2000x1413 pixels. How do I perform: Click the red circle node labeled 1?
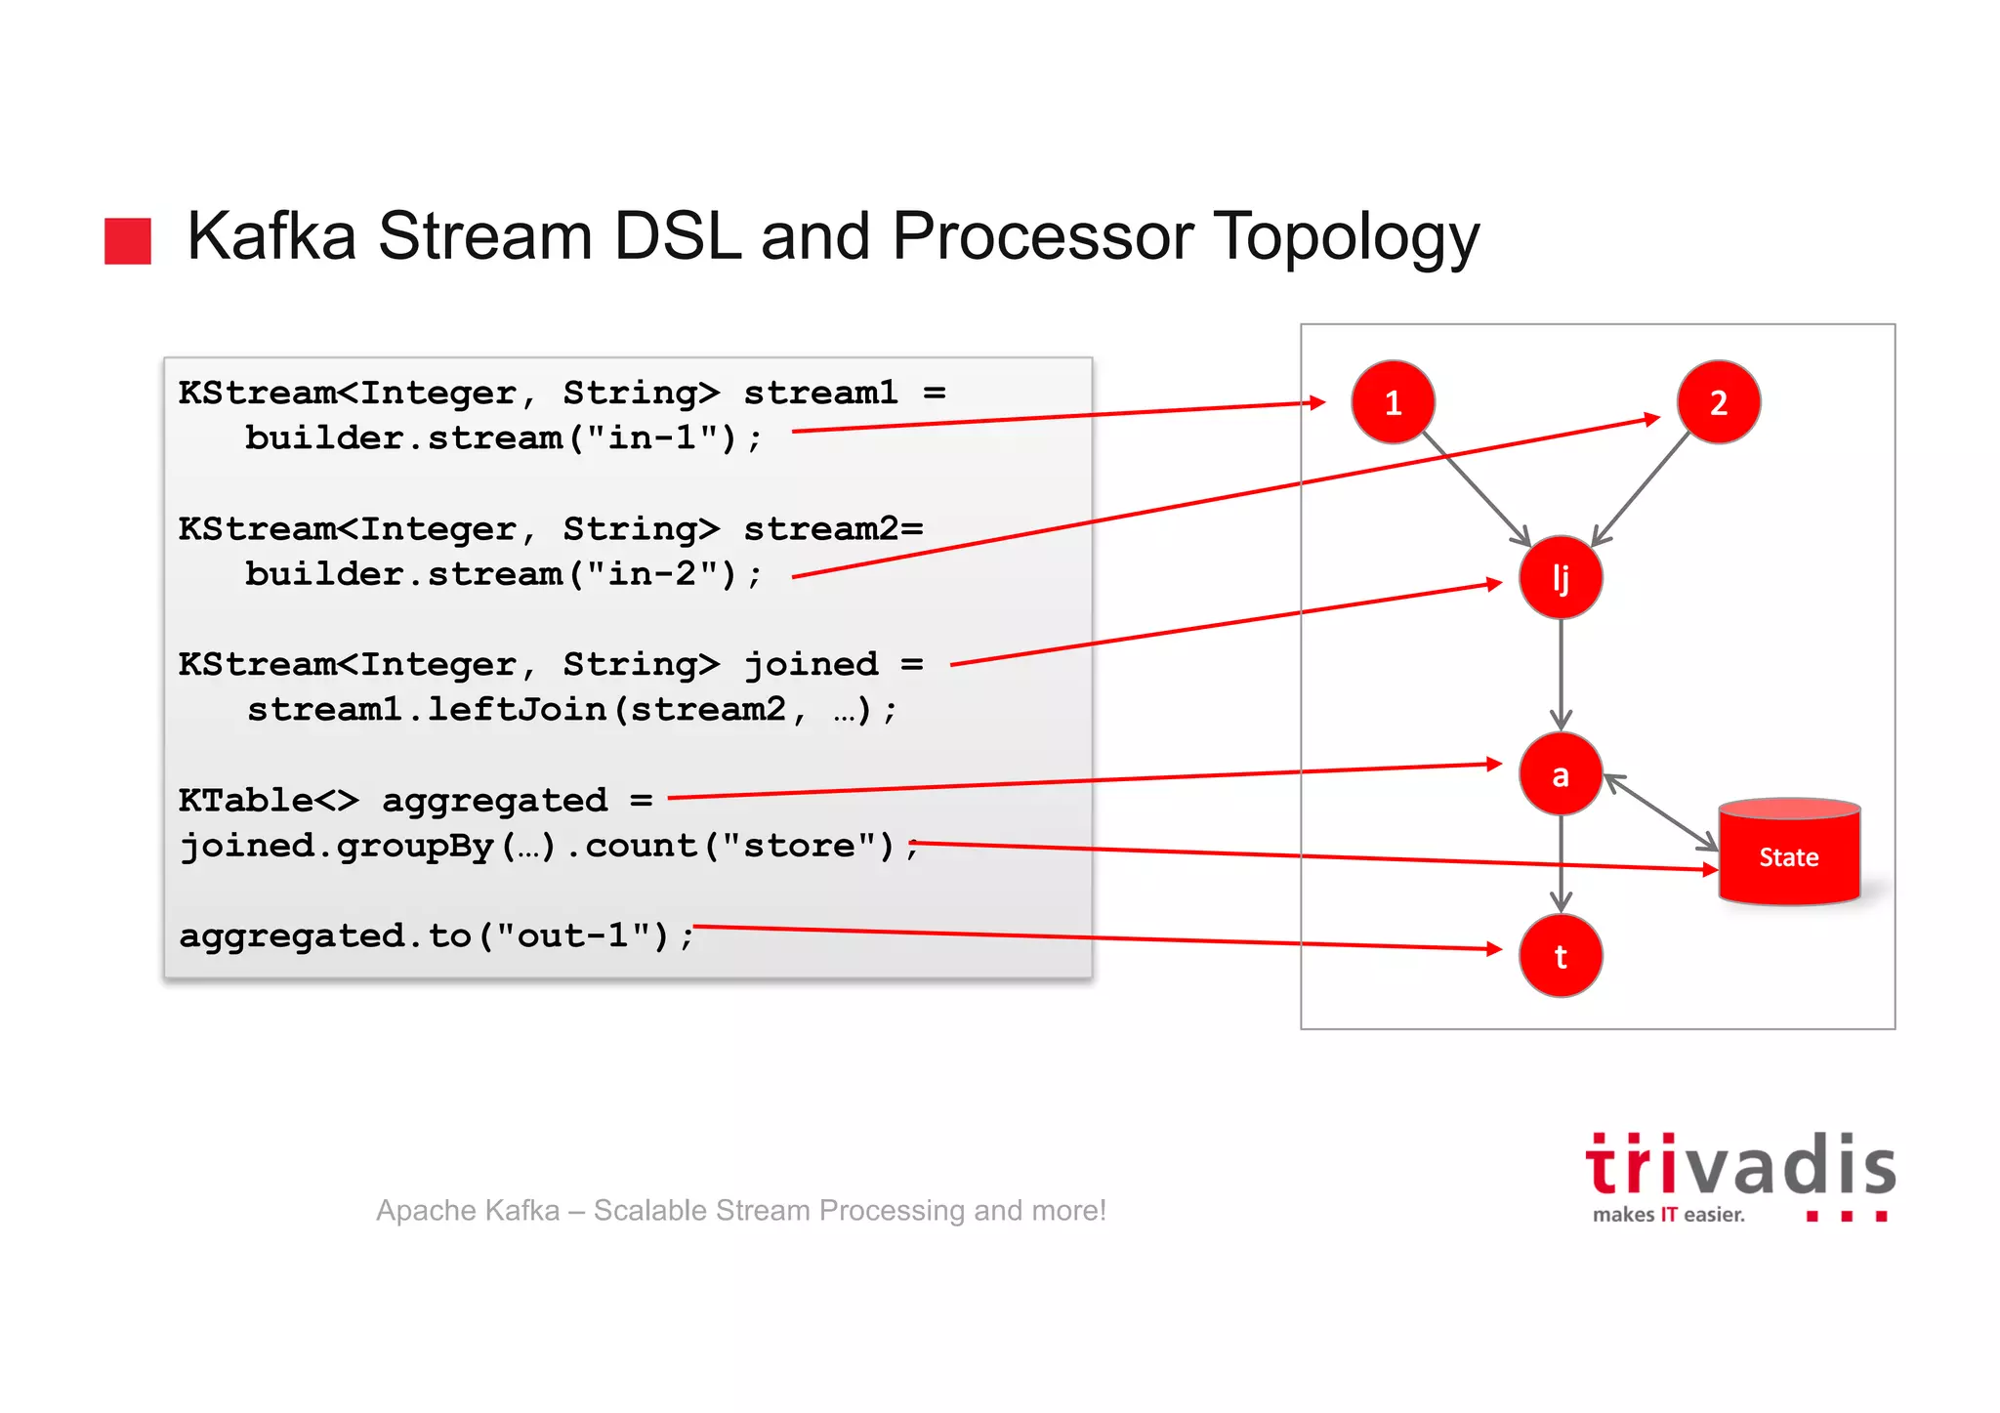1393,402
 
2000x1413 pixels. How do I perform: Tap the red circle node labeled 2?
1718,402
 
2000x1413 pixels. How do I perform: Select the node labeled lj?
1561,577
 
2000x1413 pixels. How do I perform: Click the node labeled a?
1561,774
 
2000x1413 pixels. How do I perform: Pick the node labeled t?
1561,956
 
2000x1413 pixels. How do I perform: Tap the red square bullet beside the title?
128,240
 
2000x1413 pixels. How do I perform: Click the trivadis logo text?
1740,1166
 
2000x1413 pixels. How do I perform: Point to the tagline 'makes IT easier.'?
1668,1215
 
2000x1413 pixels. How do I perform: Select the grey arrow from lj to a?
1561,674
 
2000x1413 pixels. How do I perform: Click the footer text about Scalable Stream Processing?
741,1210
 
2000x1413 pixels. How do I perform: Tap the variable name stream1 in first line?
820,393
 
